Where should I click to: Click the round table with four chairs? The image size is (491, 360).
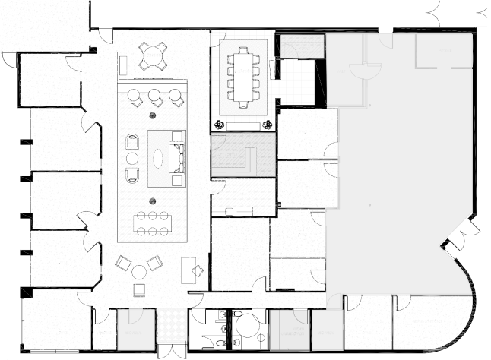[152, 55]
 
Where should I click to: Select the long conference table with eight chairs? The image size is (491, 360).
[244, 77]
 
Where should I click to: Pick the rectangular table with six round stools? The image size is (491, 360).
[152, 223]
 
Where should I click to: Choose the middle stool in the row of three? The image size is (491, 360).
[155, 96]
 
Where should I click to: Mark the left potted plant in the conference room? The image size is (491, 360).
[220, 125]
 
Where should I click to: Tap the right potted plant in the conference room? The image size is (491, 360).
[267, 125]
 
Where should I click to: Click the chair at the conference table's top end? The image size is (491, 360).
[244, 51]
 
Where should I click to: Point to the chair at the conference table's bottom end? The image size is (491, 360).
[244, 104]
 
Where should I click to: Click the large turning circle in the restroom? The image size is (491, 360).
[247, 327]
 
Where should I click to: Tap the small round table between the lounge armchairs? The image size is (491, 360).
[132, 158]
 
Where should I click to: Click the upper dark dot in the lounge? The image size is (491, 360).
[153, 115]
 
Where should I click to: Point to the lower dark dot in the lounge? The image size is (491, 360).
[153, 201]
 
